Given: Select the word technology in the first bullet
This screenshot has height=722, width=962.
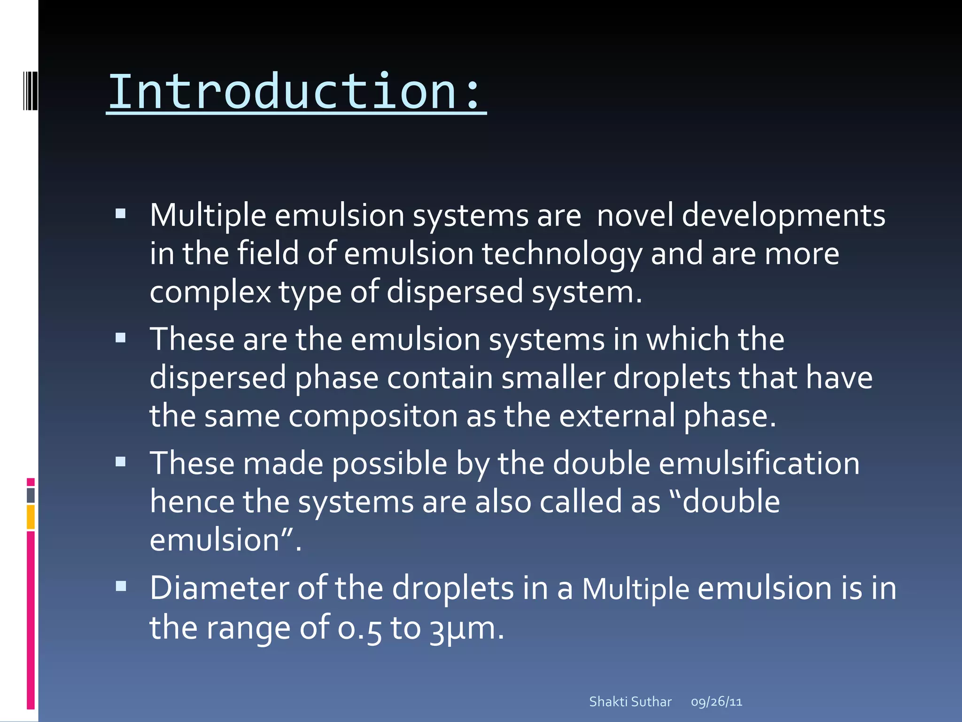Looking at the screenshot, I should (x=562, y=254).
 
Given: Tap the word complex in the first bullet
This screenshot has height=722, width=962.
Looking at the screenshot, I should (x=210, y=292).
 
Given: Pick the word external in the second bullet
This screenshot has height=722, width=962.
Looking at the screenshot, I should (x=617, y=416).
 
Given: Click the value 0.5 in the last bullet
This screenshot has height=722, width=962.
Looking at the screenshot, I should (x=359, y=628).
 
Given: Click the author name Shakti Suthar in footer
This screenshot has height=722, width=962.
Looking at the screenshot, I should (x=630, y=702).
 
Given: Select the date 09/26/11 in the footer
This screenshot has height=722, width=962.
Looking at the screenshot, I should (x=716, y=702).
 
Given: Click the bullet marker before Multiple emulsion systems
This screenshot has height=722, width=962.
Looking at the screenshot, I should (x=121, y=214).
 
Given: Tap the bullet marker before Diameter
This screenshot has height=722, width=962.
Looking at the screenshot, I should (x=121, y=586).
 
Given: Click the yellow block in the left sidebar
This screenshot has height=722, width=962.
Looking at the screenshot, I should (x=31, y=517).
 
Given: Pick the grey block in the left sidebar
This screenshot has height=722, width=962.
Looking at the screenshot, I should (x=31, y=495).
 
